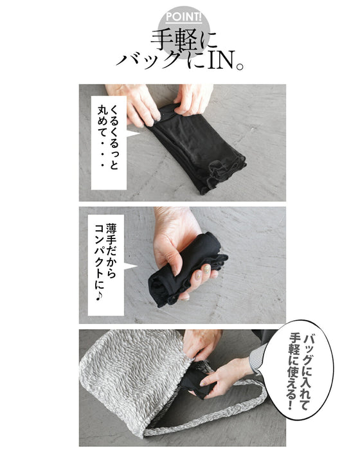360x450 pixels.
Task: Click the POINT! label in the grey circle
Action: tap(184, 17)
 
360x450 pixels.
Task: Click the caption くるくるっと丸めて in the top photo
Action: tap(108, 137)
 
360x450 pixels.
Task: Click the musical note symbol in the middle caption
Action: tap(99, 296)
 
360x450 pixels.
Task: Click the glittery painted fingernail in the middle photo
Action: tap(206, 269)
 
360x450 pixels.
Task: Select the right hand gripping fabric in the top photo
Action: tap(193, 99)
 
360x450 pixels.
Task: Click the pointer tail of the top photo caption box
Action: tap(132, 134)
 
